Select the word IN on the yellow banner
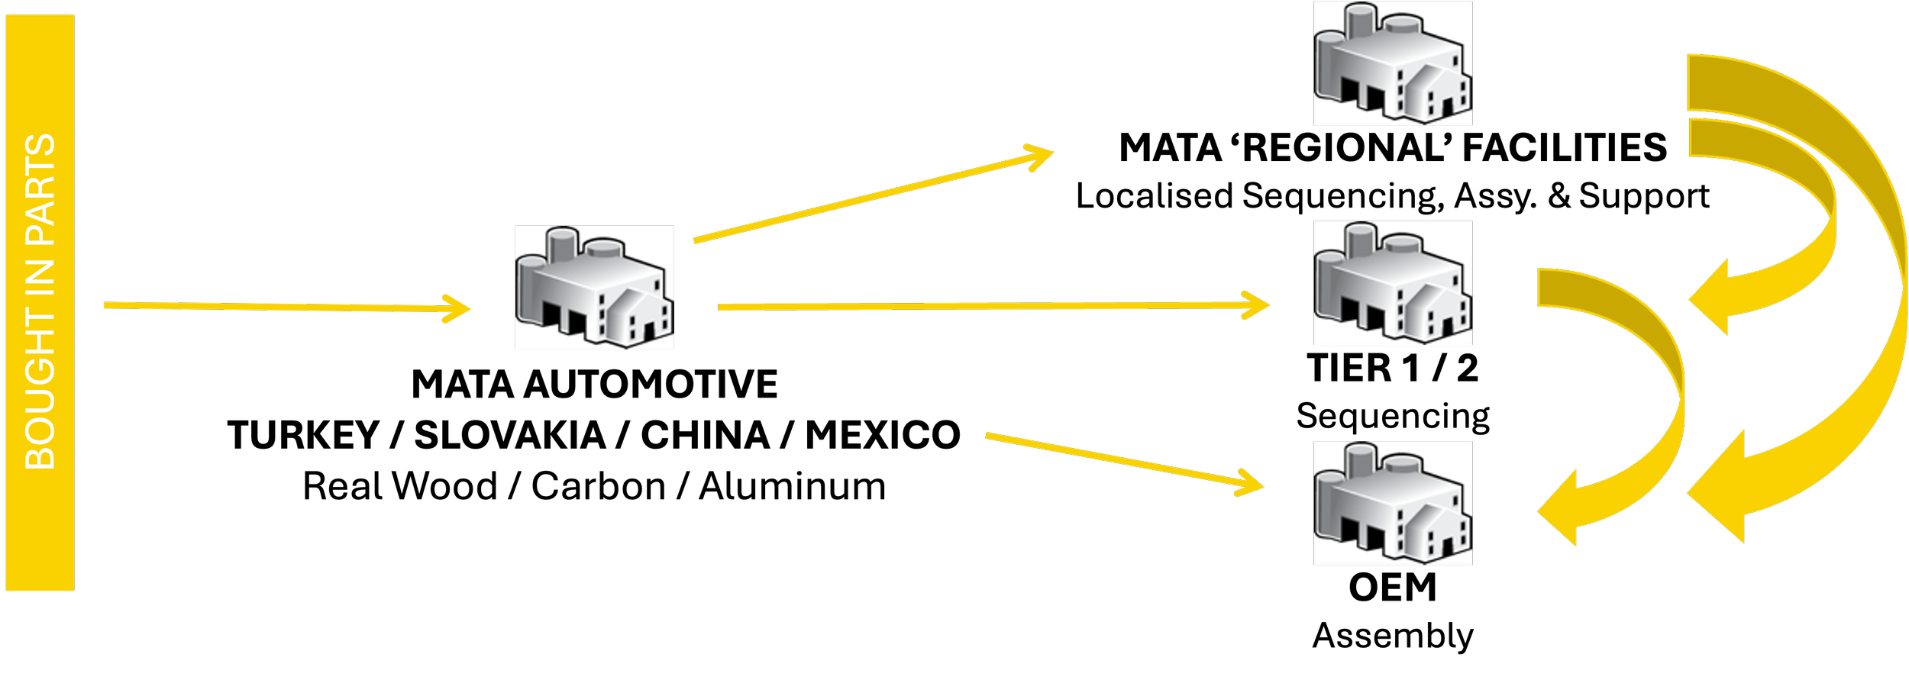[x=40, y=279]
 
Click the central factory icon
[x=594, y=288]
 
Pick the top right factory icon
[x=1393, y=63]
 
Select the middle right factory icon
[x=1393, y=283]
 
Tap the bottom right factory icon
[x=1393, y=503]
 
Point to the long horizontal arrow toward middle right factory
[x=993, y=307]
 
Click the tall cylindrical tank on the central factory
[x=564, y=244]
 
